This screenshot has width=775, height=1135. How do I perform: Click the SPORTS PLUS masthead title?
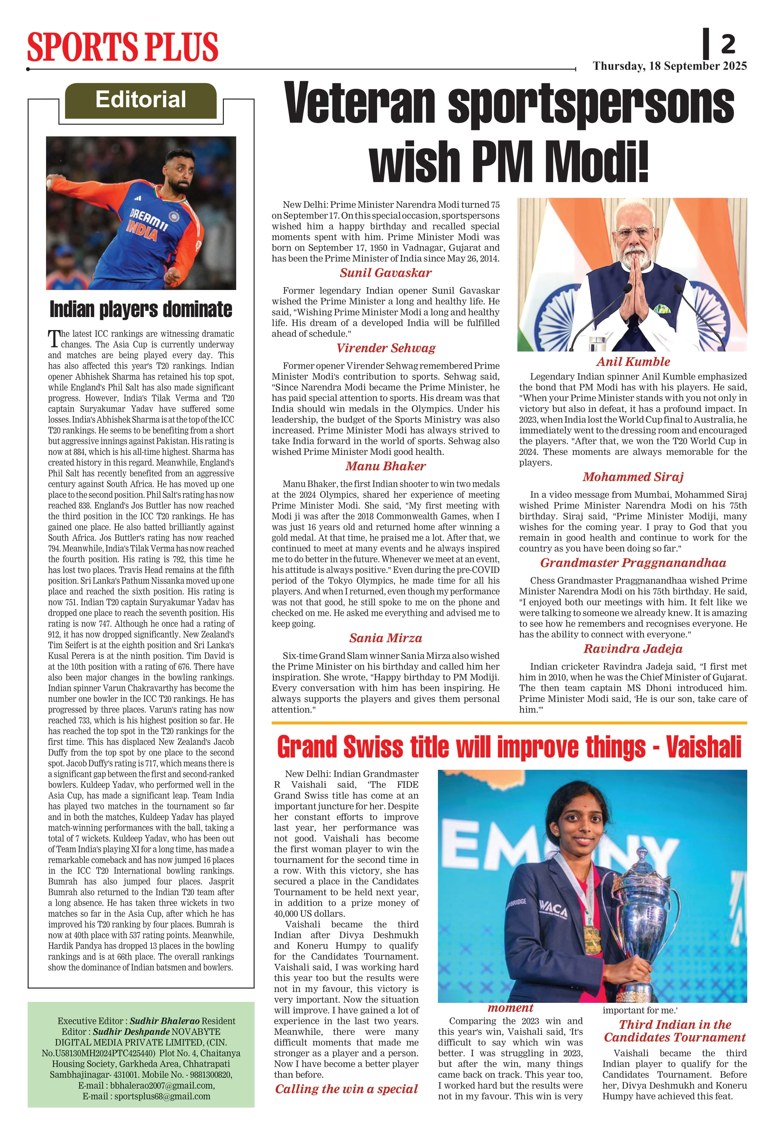(x=123, y=47)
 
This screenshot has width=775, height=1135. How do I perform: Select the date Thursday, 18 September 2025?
(x=670, y=66)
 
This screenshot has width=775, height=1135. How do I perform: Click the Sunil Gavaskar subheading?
(x=385, y=273)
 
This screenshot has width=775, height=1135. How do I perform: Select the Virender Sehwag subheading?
(x=385, y=348)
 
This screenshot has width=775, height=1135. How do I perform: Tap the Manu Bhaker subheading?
(x=385, y=466)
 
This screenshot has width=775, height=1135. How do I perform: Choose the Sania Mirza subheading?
(x=385, y=638)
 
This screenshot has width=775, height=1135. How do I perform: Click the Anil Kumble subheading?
(x=633, y=362)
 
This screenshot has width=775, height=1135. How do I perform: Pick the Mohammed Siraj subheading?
(x=633, y=477)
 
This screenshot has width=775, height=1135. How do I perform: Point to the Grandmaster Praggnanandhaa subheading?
(x=633, y=563)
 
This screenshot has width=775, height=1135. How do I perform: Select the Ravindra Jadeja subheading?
(x=633, y=649)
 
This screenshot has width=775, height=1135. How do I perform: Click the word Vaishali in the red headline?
(x=703, y=748)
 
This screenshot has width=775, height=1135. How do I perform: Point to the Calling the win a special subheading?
(x=346, y=1089)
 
